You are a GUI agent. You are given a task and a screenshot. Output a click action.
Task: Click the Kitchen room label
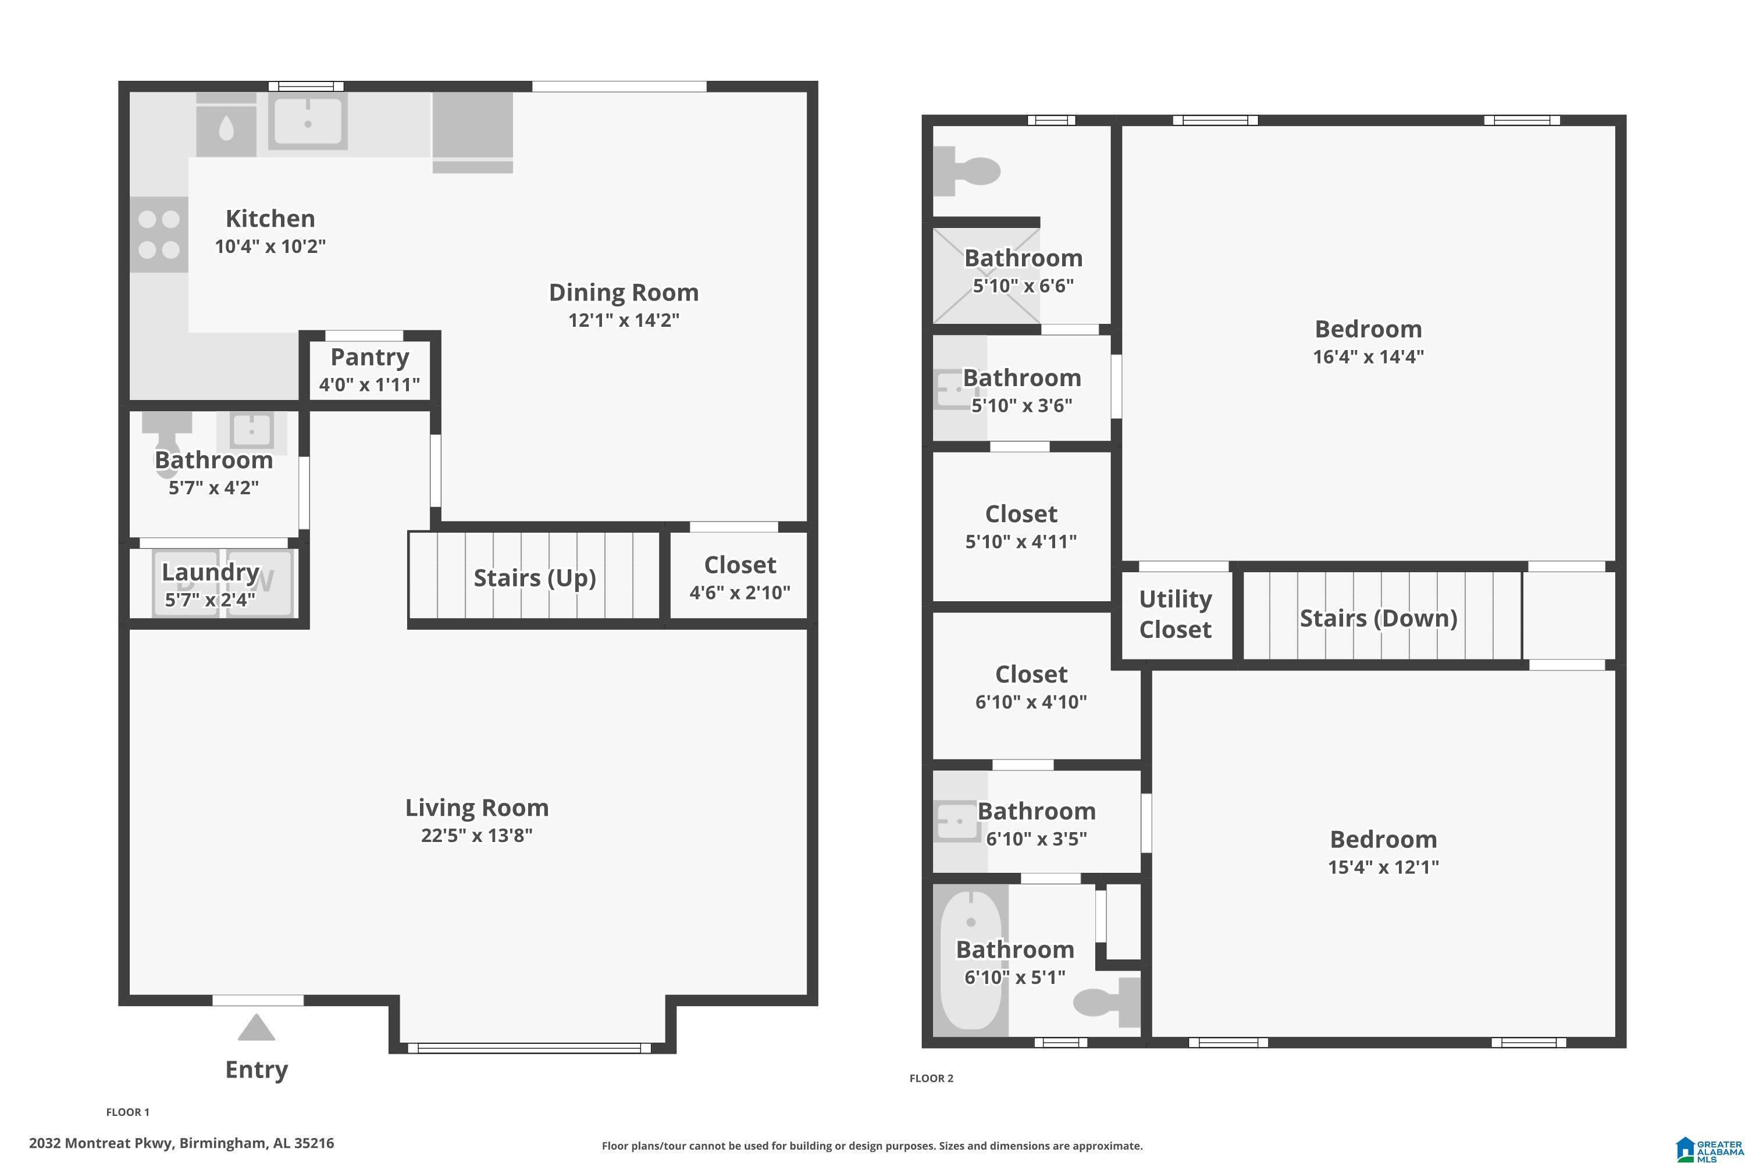tap(270, 219)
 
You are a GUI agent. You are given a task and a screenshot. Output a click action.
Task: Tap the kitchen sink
tap(308, 121)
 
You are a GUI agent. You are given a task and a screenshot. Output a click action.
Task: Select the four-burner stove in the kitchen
tap(159, 234)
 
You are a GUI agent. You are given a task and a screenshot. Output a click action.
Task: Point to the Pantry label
tap(369, 358)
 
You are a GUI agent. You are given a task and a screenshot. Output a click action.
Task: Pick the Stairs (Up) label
tap(534, 578)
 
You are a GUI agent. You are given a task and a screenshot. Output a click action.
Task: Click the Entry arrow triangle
tap(257, 1028)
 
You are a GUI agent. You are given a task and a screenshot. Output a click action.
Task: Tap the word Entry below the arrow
tap(257, 1069)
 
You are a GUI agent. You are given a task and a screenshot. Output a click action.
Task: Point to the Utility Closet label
tap(1175, 614)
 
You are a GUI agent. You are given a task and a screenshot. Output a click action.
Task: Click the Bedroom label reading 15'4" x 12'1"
tap(1383, 840)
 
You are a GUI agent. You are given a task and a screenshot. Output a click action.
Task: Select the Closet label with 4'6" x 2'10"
tap(740, 565)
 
